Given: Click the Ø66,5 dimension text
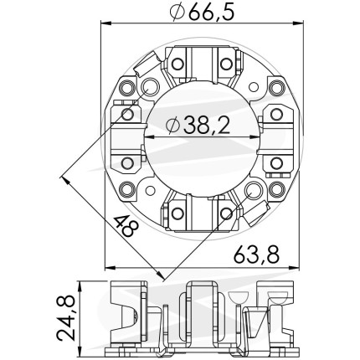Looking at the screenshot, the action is pyautogui.click(x=202, y=13).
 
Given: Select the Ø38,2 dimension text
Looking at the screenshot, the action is pyautogui.click(x=198, y=125).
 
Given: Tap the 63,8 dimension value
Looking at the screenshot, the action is pyautogui.click(x=256, y=255).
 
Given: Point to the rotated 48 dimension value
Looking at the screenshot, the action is pyautogui.click(x=126, y=226).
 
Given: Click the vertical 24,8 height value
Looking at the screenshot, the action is pyautogui.click(x=66, y=319).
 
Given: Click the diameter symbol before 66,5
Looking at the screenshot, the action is pyautogui.click(x=177, y=13).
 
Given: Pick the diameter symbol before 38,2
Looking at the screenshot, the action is pyautogui.click(x=173, y=125).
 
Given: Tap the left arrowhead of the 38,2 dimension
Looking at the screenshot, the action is pyautogui.click(x=150, y=136).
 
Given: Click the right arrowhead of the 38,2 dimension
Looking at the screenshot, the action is pyautogui.click(x=255, y=136).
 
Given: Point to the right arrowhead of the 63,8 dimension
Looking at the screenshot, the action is pyautogui.click(x=295, y=268).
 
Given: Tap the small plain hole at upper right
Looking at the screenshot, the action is pyautogui.click(x=254, y=87).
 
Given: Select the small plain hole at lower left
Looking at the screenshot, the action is pyautogui.click(x=151, y=190).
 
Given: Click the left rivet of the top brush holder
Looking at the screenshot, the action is pyautogui.click(x=177, y=64).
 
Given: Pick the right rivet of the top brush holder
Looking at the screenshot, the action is pyautogui.click(x=226, y=64).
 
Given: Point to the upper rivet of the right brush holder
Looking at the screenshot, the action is pyautogui.click(x=276, y=114).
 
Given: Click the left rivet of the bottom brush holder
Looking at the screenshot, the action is pyautogui.click(x=177, y=213).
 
